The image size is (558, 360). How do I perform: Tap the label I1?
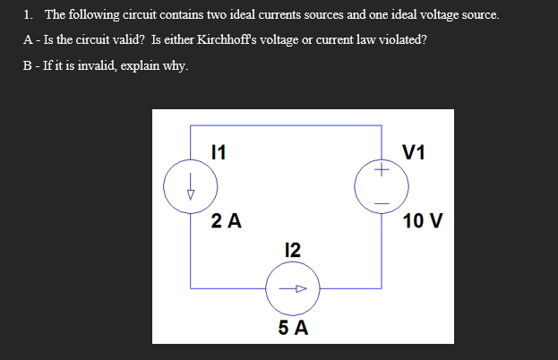215,152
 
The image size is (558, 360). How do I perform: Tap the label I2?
291,248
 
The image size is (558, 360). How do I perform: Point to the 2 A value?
224,221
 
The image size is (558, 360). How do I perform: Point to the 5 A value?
293,329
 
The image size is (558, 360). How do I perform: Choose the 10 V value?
424,221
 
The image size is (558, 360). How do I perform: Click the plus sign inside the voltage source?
382,170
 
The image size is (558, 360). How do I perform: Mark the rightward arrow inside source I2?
293,288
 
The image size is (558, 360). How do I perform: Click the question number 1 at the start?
29,15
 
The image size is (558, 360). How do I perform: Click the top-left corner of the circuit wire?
191,125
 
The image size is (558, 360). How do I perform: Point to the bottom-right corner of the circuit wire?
382,288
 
